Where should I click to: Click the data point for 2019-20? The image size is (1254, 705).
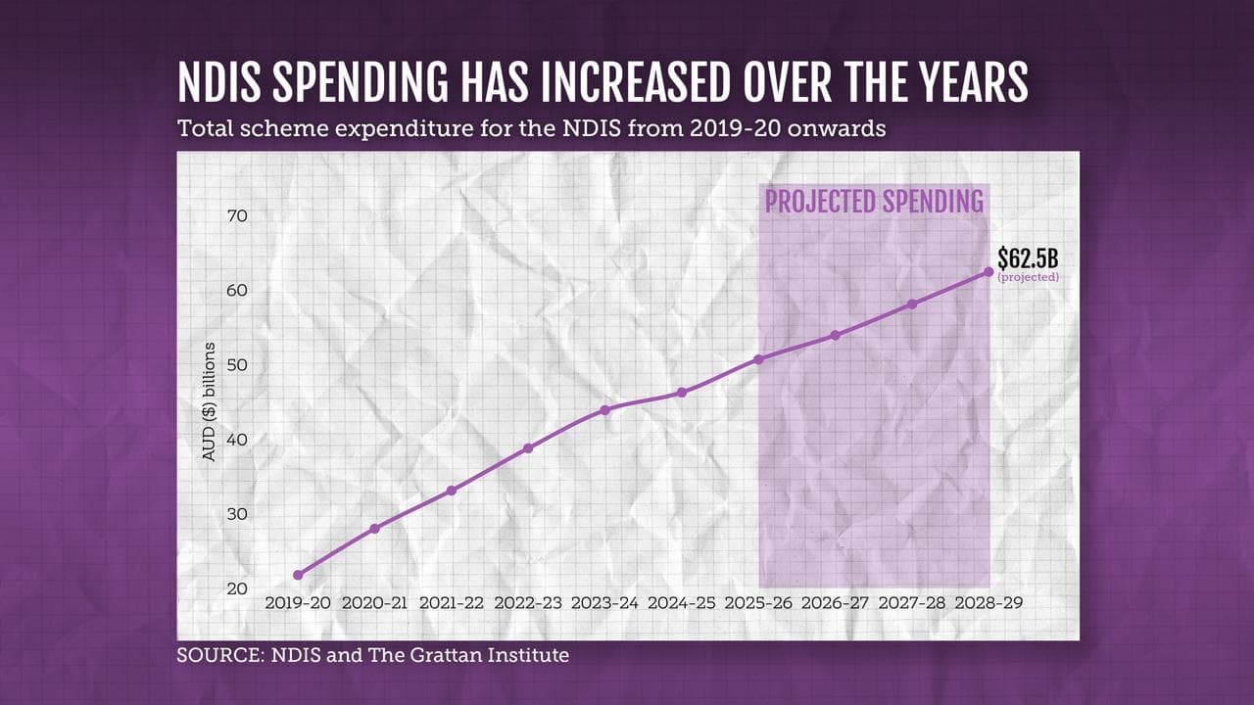point(298,575)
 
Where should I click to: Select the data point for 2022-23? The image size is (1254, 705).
point(528,448)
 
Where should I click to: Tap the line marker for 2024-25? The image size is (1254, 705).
point(682,393)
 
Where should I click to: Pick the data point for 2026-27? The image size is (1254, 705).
point(835,335)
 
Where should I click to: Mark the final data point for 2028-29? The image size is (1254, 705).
point(989,272)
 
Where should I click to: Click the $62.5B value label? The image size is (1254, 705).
point(1028,258)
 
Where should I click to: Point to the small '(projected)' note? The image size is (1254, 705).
point(1028,278)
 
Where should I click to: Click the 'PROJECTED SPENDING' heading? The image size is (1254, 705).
point(874,202)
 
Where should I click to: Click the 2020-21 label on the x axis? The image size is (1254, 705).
point(374,603)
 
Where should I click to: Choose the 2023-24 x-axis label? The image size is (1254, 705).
point(604,603)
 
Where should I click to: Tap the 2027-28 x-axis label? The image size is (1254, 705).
point(912,603)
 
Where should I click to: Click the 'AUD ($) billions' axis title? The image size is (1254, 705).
point(208,402)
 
